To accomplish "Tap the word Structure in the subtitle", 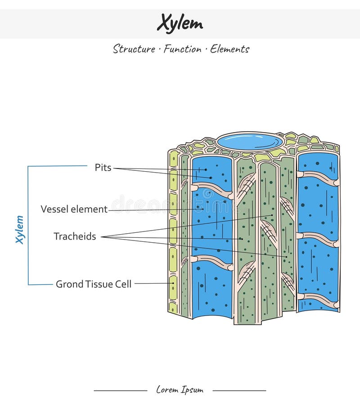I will (134, 49).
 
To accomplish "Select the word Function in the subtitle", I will (182, 49).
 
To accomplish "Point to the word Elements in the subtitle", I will (229, 49).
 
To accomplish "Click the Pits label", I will (103, 168).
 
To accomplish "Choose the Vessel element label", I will (74, 209).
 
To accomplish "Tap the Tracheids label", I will (75, 236).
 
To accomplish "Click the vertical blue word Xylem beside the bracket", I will (19, 229).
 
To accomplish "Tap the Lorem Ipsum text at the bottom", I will (180, 390).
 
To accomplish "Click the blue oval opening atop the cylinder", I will (250, 141).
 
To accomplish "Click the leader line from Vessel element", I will (153, 209).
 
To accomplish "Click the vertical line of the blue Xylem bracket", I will (28, 225).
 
